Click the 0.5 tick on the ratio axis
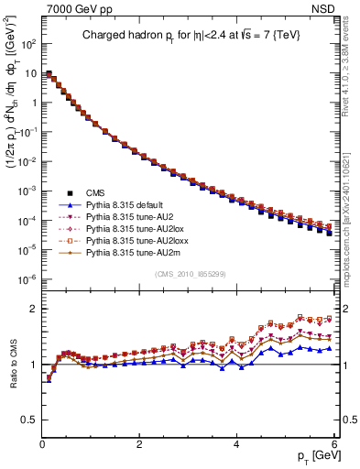click(x=29, y=420)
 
